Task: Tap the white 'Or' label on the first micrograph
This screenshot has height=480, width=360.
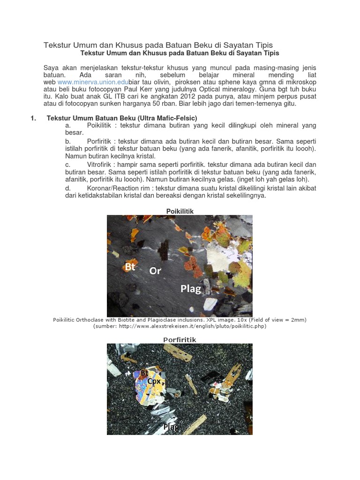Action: click(155, 271)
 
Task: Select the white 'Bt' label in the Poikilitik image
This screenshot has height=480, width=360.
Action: click(130, 267)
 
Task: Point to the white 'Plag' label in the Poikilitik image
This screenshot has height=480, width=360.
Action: click(191, 289)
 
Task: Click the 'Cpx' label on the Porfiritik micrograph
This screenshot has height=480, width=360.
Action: click(154, 381)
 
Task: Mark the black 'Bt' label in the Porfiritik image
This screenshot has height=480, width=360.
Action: click(144, 373)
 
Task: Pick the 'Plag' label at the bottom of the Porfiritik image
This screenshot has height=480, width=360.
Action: click(171, 427)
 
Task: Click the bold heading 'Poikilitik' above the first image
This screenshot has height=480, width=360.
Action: click(180, 211)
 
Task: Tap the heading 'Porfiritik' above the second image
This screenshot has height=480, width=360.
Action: click(180, 339)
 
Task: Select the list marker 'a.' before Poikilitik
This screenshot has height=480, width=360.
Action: click(68, 126)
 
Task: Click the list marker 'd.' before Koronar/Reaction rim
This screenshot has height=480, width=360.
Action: click(68, 188)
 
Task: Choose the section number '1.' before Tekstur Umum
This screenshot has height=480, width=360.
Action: click(33, 118)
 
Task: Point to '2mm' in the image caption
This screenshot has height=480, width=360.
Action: click(295, 320)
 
